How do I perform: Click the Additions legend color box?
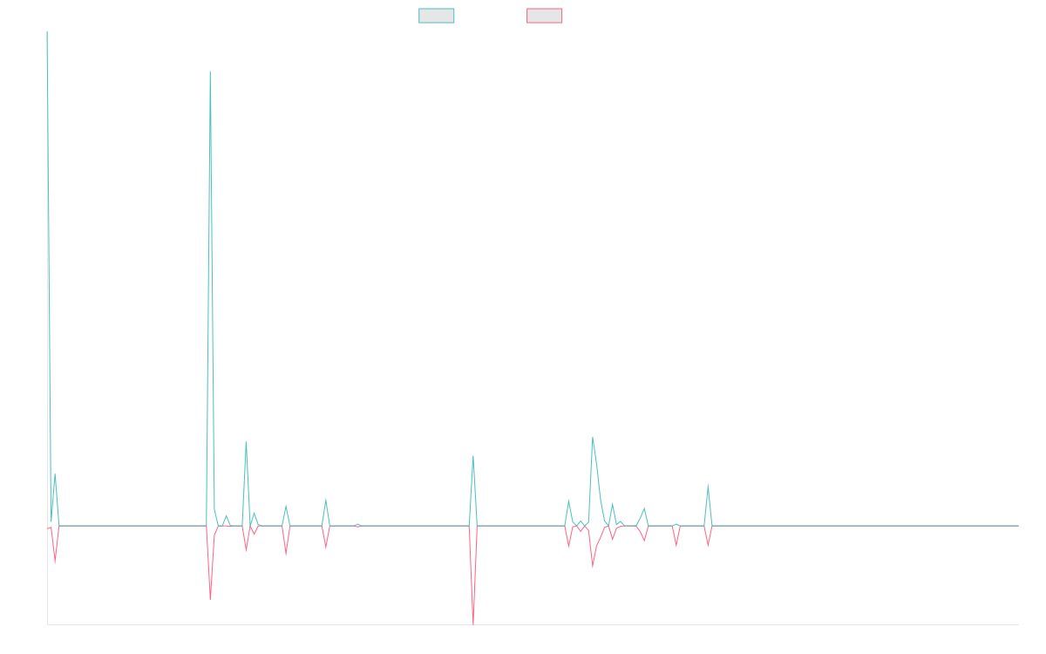(437, 16)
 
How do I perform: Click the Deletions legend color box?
(544, 16)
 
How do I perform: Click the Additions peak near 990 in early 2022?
(210, 72)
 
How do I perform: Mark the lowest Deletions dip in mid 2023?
(473, 623)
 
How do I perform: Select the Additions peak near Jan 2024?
(593, 439)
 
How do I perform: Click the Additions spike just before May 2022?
(246, 442)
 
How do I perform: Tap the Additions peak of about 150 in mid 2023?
(473, 456)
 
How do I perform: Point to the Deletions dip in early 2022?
(210, 598)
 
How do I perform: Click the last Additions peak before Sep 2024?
(708, 484)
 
